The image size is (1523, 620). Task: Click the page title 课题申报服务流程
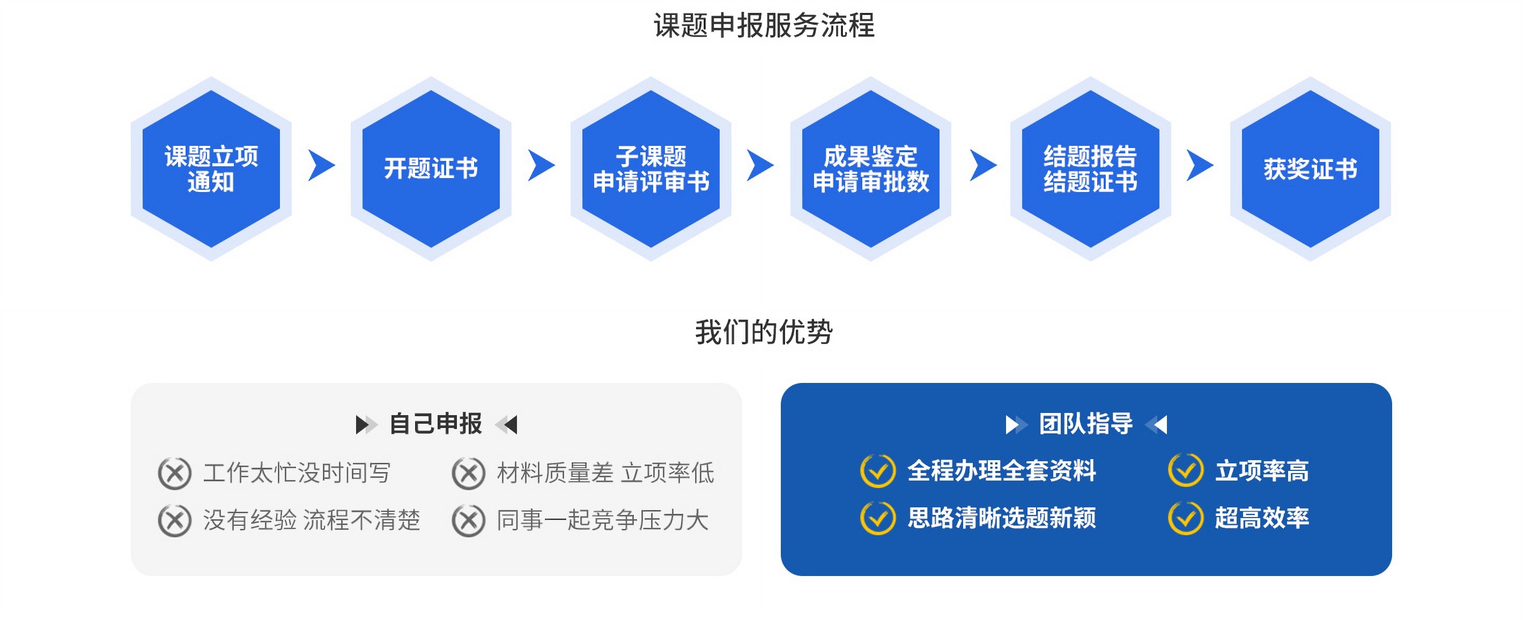[x=763, y=25]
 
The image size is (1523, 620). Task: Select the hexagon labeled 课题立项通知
[x=211, y=168]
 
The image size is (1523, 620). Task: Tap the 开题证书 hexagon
[x=431, y=168]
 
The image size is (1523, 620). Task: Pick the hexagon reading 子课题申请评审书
[x=651, y=168]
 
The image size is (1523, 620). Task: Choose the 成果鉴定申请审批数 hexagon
[x=871, y=168]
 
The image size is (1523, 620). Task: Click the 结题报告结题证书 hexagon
[x=1091, y=168]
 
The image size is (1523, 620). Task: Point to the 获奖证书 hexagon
[x=1311, y=168]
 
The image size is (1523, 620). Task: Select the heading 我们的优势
[x=763, y=331]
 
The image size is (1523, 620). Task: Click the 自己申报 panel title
[x=436, y=424]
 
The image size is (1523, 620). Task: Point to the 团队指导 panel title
[x=1086, y=424]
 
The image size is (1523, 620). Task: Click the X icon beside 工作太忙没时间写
[x=174, y=474]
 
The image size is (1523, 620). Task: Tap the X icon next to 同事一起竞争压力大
[x=468, y=521]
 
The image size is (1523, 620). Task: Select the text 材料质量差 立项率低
[x=605, y=473]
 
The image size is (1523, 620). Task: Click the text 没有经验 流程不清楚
[x=312, y=520]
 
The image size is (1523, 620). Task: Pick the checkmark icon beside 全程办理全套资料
[x=878, y=471]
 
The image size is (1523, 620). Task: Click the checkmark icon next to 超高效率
[x=1185, y=518]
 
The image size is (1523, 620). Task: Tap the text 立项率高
[x=1262, y=471]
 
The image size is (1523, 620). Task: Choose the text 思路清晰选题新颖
[x=1002, y=518]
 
